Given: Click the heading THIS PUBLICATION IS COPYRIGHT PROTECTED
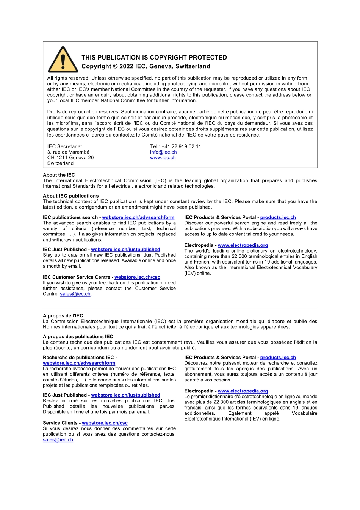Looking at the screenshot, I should click(x=154, y=58).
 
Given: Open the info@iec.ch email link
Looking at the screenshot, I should click(x=163, y=152).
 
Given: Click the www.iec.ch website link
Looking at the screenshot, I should click(x=163, y=158).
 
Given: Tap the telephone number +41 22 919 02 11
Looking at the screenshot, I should click(x=181, y=146).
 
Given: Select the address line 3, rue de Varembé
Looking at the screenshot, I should click(x=68, y=152).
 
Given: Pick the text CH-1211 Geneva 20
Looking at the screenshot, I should click(x=70, y=158).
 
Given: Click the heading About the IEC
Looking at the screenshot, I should click(x=59, y=175).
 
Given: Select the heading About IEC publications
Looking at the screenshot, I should click(x=70, y=196).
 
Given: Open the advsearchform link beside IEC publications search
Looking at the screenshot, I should click(x=138, y=217).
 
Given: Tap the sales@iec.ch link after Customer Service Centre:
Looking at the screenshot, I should click(x=75, y=294).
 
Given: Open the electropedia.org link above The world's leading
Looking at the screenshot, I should click(x=243, y=245).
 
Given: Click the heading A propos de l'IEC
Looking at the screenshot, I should click(x=63, y=315).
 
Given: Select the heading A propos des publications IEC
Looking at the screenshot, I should click(x=78, y=336).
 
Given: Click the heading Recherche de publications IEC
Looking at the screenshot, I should click(x=78, y=357).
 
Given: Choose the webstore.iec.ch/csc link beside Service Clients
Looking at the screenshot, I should click(x=105, y=423).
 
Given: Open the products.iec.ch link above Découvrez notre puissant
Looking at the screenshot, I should click(x=278, y=357).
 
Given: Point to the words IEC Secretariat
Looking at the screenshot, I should click(x=64, y=146).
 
